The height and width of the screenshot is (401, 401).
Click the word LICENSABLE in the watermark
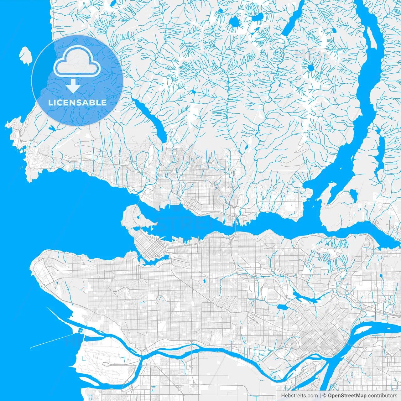tap(77, 102)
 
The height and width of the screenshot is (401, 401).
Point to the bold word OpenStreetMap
tap(347, 396)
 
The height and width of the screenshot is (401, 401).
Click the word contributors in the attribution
tap(382, 396)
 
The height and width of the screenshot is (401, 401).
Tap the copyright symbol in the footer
tap(325, 396)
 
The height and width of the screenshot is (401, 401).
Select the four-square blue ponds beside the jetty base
tap(81, 330)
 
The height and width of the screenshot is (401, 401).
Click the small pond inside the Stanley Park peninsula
tap(138, 217)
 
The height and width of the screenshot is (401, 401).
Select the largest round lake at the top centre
tap(234, 22)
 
